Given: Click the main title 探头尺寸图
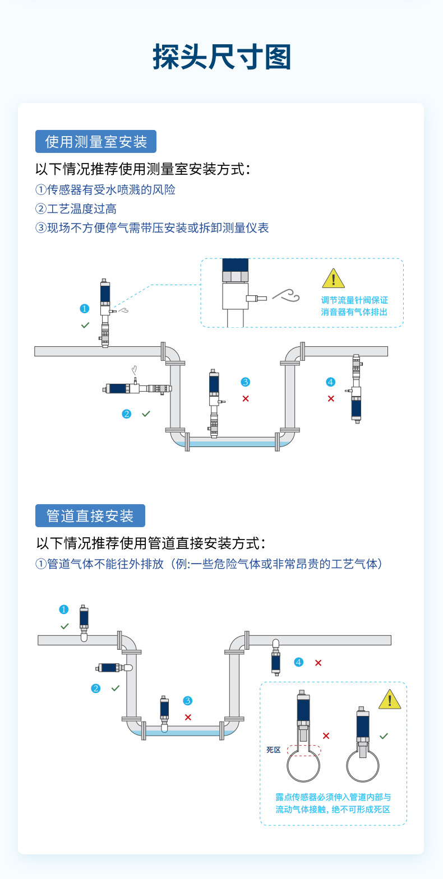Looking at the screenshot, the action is pos(222,57).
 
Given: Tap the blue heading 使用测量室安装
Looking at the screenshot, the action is pos(96,141).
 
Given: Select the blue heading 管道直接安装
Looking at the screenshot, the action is pos(90,515).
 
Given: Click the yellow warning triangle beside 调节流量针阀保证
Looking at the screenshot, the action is pos(334,278).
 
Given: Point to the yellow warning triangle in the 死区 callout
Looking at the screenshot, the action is pos(390,699).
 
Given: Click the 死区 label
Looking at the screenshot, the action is pos(273,750).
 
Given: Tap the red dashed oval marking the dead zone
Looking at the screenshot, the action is pos(304,750).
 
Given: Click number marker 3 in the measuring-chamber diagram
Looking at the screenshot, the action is pos(246,382).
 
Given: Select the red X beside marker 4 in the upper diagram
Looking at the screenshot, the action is pos(331,399).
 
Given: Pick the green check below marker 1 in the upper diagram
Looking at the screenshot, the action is pos(85,325).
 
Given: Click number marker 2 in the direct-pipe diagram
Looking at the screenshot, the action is pos(95,689).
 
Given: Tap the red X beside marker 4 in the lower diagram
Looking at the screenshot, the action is pos(319,663).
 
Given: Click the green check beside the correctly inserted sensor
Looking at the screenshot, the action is pos(384,736).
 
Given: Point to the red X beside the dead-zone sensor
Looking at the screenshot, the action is pos(326,736).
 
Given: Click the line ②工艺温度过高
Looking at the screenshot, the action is pos(76,209).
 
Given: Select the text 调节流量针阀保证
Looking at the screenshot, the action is pos(354,300).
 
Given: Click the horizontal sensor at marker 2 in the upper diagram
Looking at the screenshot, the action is pos(137,388).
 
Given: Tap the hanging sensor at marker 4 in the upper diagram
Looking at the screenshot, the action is pos(356,389).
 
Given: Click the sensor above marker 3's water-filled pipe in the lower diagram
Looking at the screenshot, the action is pos(164,714).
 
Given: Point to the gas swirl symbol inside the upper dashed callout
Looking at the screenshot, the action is pos(287,295).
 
